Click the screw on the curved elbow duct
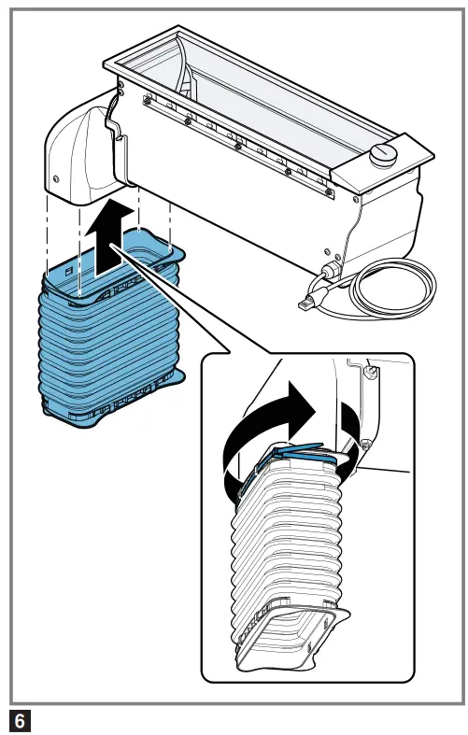(56, 178)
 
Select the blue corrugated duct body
(110, 328)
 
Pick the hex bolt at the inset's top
(373, 371)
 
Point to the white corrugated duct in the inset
(286, 553)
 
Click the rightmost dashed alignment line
(170, 226)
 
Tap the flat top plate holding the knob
(383, 162)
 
